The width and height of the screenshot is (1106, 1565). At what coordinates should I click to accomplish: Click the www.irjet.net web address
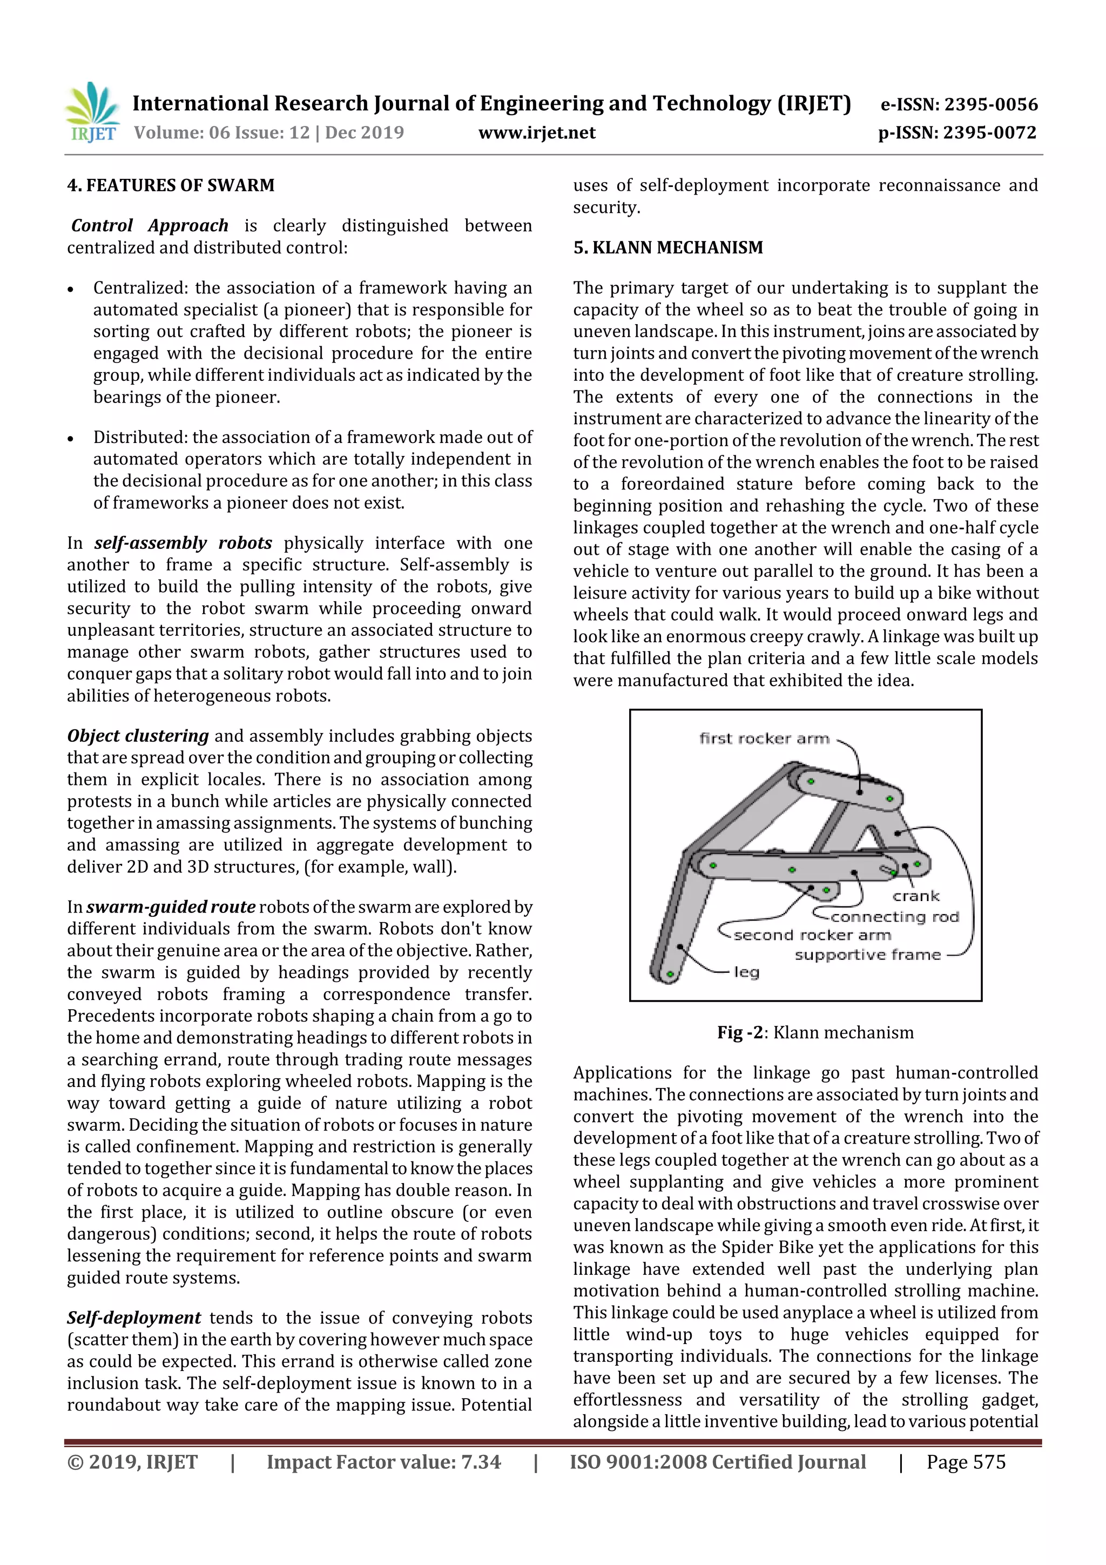[x=536, y=133]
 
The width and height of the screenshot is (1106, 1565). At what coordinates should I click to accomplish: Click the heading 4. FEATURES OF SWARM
[x=170, y=185]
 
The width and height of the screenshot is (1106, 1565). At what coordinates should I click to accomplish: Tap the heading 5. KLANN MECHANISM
[x=668, y=247]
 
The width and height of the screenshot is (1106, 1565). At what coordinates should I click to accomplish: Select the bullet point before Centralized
[x=71, y=290]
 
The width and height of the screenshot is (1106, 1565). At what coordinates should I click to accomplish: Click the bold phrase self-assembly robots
[x=183, y=543]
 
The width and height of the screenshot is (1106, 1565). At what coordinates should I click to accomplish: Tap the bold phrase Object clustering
[x=138, y=736]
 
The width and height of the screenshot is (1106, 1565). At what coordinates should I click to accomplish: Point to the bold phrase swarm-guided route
[x=170, y=907]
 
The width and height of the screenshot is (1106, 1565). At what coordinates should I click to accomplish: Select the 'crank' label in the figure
[x=916, y=896]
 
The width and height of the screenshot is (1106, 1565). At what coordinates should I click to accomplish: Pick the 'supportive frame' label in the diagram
[x=867, y=955]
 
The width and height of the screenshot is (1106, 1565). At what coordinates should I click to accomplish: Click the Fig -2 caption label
[x=739, y=1033]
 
